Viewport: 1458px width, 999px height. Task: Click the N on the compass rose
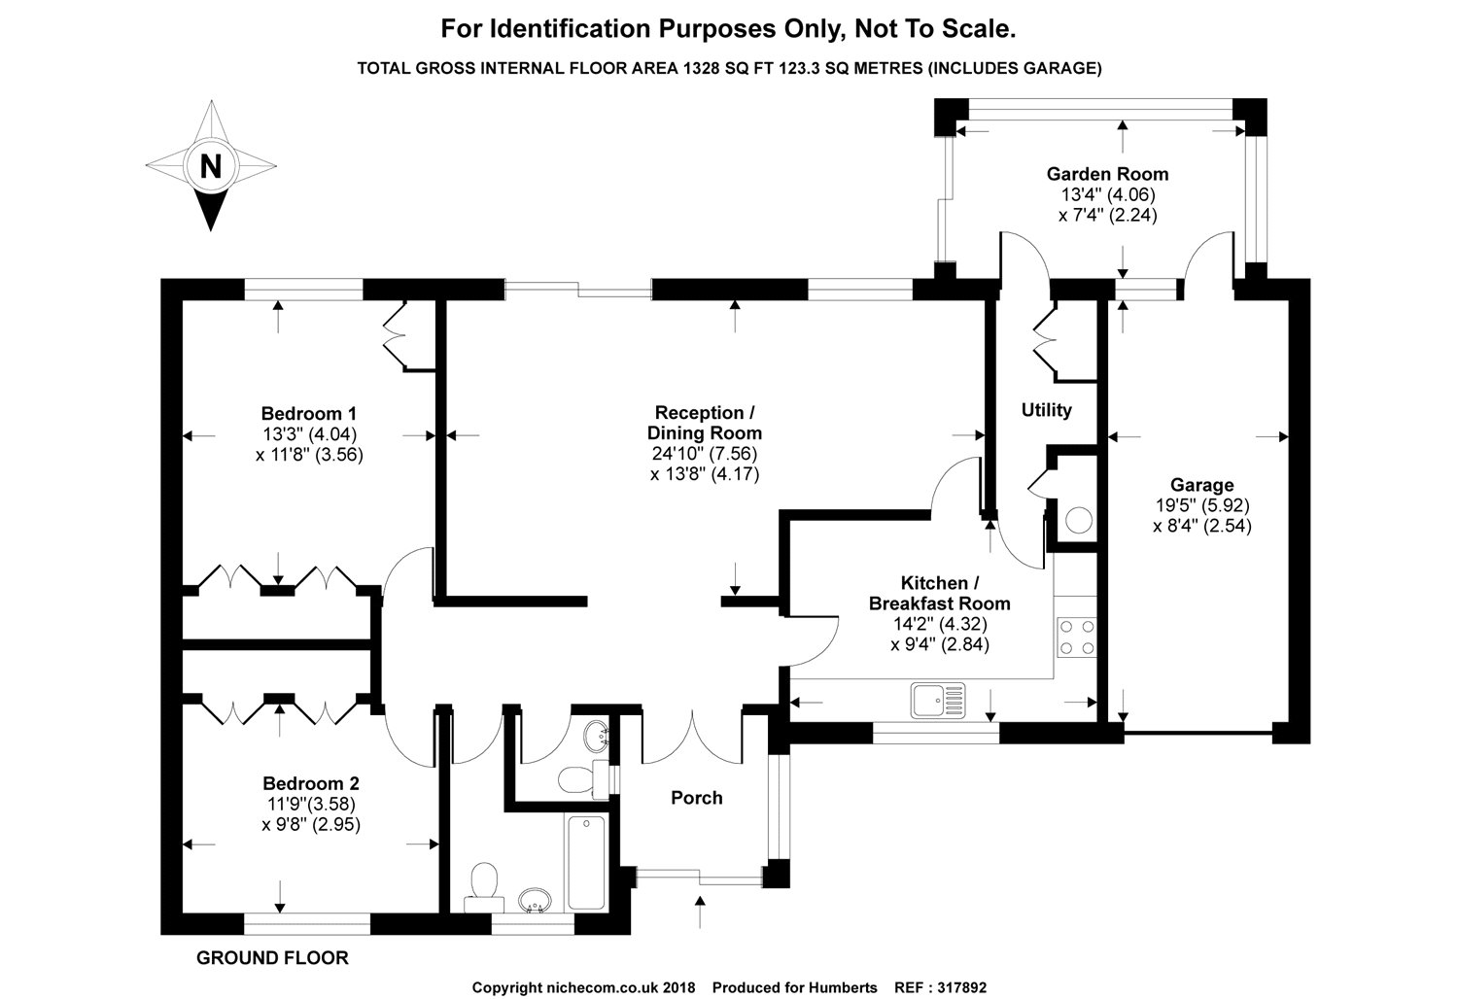tap(211, 166)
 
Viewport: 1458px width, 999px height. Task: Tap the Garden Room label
tap(1107, 174)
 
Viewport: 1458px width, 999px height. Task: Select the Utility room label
tap(1046, 410)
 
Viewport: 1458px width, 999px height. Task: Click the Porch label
tap(697, 797)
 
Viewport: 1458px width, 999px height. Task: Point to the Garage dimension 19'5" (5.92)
tap(1202, 505)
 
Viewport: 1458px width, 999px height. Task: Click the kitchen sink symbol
tap(938, 701)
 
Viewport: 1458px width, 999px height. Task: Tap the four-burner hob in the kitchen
tap(1077, 637)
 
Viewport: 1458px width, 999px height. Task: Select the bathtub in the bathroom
tap(586, 862)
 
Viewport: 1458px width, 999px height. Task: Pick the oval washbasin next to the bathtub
tap(535, 900)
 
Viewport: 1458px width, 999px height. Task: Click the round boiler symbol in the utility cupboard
tap(1079, 520)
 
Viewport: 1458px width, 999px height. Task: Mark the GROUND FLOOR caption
tap(272, 958)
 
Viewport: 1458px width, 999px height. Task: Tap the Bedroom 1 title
tap(309, 413)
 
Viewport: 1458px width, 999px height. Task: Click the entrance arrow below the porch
tap(701, 912)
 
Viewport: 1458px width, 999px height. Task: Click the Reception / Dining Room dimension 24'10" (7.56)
tap(705, 453)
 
